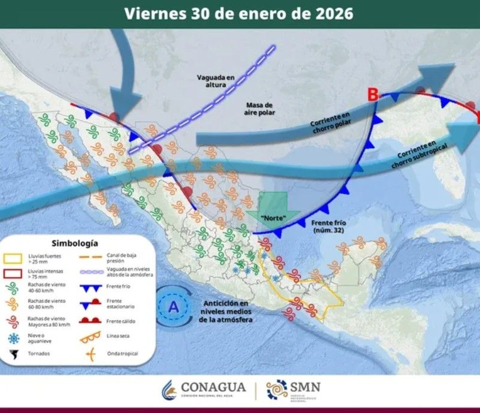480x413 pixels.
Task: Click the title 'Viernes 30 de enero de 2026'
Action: [x=239, y=13]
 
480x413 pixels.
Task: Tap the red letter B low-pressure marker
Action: [x=373, y=94]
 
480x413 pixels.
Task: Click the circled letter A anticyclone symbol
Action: [x=174, y=307]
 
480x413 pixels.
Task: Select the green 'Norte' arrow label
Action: [x=273, y=216]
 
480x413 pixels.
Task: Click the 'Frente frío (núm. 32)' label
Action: [x=330, y=225]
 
